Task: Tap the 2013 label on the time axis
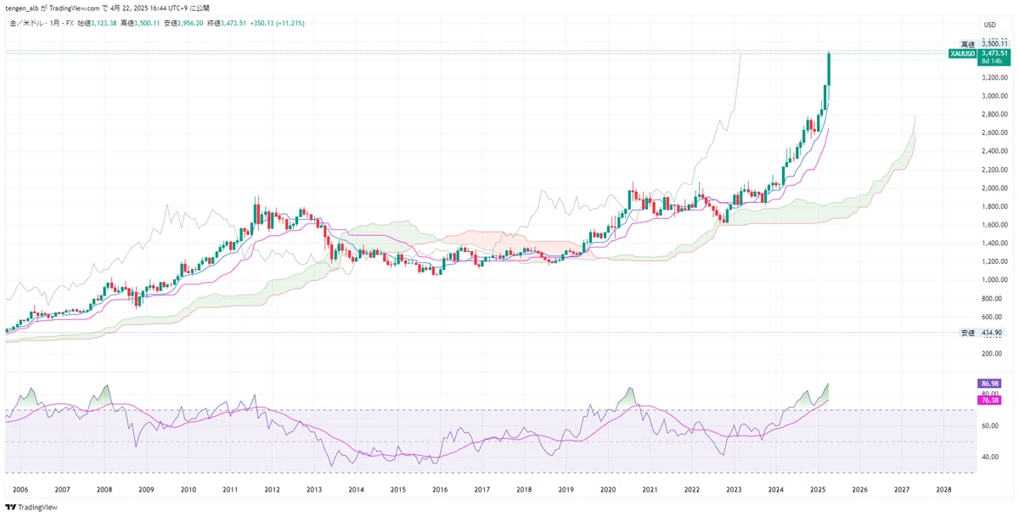point(313,490)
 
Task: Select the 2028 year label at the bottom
point(943,490)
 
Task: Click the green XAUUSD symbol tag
point(962,53)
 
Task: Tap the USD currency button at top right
point(990,25)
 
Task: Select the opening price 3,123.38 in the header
point(102,23)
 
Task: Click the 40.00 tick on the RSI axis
point(989,457)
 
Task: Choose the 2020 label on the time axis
point(607,490)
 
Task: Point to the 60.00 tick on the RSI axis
point(989,426)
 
